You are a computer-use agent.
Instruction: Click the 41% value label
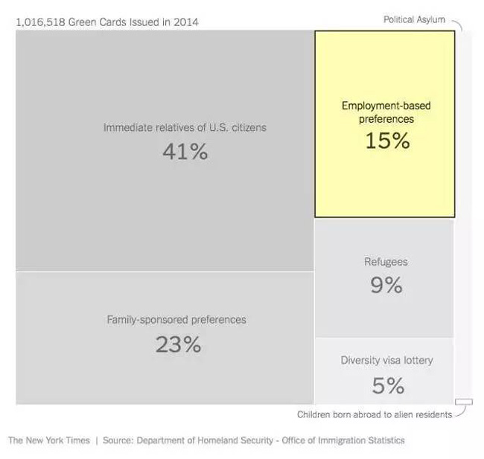(185, 152)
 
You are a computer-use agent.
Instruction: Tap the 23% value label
(178, 344)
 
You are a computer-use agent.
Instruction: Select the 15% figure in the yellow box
(387, 141)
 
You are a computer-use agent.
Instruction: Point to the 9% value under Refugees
(386, 285)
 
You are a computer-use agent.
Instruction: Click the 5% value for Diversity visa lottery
(387, 385)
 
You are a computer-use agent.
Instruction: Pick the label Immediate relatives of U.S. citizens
(185, 127)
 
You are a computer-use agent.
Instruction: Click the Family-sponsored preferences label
(176, 320)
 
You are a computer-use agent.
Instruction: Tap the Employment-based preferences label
(386, 112)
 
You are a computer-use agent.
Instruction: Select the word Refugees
(386, 262)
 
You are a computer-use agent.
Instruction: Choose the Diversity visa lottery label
(386, 361)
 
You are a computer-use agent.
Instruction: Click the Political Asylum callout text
(414, 19)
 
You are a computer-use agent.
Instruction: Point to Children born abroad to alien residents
(374, 414)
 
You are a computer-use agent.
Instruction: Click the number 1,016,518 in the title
(40, 22)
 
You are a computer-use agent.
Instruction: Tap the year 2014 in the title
(186, 22)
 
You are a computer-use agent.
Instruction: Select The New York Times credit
(49, 440)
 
